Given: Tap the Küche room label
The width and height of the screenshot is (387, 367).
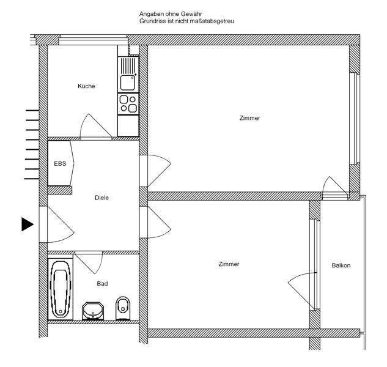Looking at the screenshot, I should pyautogui.click(x=86, y=86).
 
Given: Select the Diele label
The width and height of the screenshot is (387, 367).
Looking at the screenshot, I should pyautogui.click(x=101, y=198).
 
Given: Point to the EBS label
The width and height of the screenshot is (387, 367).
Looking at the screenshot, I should pyautogui.click(x=60, y=163).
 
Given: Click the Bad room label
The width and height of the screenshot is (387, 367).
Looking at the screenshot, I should pyautogui.click(x=102, y=284).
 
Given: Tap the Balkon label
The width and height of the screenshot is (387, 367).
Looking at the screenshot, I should pyautogui.click(x=341, y=265).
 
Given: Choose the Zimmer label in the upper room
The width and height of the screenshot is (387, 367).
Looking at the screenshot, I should pyautogui.click(x=249, y=118).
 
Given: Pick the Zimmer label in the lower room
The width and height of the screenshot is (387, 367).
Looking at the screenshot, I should pyautogui.click(x=229, y=264).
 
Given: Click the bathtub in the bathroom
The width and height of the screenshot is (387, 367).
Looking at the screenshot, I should pyautogui.click(x=60, y=287).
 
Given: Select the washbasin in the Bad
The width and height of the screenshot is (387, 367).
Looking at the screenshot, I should pyautogui.click(x=93, y=311).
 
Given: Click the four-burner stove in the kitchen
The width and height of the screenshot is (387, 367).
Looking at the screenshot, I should pyautogui.click(x=128, y=104).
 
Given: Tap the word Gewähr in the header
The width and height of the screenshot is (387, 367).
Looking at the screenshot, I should pyautogui.click(x=191, y=13).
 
